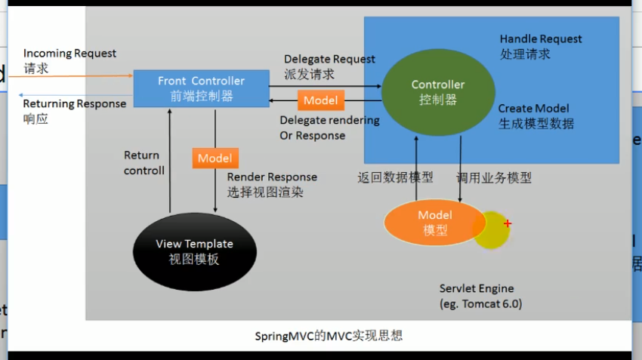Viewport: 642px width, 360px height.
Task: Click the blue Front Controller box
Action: [x=202, y=88]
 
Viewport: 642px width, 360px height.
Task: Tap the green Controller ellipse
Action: [x=438, y=93]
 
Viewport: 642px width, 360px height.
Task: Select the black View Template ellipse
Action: [x=194, y=251]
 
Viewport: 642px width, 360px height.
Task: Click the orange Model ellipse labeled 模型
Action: [x=435, y=223]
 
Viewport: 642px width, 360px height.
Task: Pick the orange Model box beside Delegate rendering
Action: [x=320, y=100]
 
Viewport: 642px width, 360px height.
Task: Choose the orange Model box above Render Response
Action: [x=215, y=158]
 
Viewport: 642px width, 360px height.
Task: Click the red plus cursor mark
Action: [x=508, y=223]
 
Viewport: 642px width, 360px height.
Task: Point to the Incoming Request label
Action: [x=69, y=53]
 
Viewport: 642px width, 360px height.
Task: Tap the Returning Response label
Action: [x=75, y=104]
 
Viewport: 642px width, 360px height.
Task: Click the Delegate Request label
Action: [x=329, y=60]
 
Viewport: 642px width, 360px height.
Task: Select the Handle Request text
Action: [x=541, y=38]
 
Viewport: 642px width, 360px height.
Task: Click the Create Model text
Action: [x=533, y=109]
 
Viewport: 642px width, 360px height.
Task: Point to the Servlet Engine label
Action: [x=477, y=288]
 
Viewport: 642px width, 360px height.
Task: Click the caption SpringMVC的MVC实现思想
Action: [x=329, y=336]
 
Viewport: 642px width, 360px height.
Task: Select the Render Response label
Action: [x=272, y=177]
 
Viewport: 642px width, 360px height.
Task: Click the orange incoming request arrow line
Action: [x=70, y=76]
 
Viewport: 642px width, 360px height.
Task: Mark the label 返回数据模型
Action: [x=395, y=177]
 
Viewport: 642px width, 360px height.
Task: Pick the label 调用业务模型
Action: [x=494, y=177]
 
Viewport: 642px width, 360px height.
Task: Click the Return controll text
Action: [x=144, y=163]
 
